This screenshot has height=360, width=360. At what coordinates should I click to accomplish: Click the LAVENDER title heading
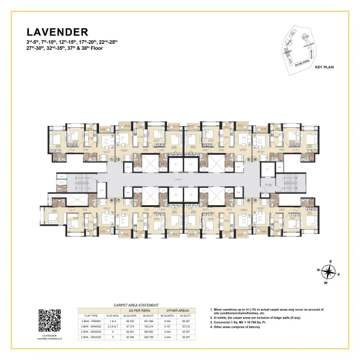click(x=58, y=31)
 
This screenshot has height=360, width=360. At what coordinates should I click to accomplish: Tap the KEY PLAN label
click(x=324, y=68)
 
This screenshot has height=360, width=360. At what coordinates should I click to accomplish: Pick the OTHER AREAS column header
click(x=182, y=310)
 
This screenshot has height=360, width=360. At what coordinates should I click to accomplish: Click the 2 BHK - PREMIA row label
click(x=91, y=321)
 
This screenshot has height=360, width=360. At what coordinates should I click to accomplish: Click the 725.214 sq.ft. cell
click(x=149, y=326)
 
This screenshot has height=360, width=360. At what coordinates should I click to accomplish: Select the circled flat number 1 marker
click(x=113, y=160)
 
